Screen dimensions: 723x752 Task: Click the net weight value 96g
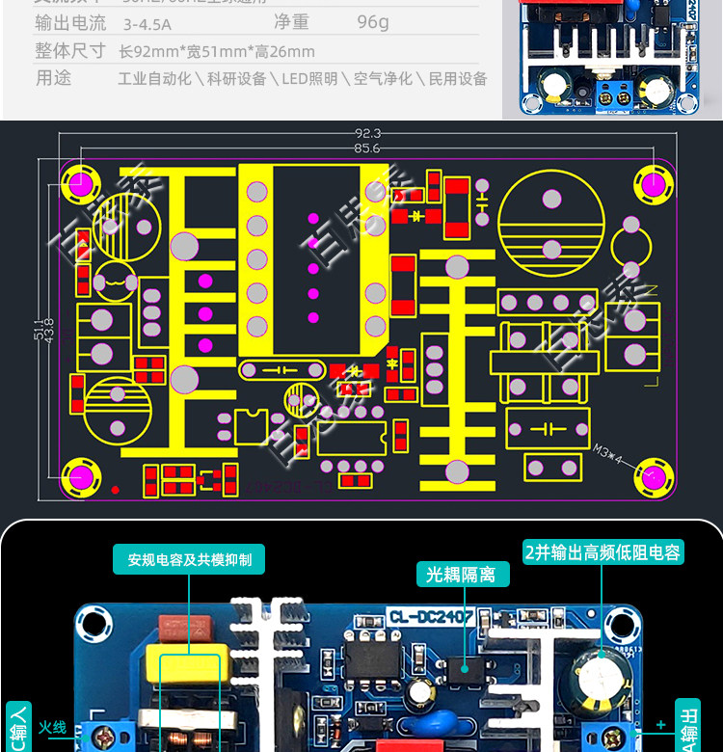coord(372,21)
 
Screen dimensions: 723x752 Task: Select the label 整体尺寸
coord(69,50)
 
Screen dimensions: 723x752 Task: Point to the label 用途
coord(53,78)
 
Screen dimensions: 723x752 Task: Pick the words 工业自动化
coord(154,79)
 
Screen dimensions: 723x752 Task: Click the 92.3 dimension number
coord(367,133)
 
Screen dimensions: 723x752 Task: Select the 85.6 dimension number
coord(367,148)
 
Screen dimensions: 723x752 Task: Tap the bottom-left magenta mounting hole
coord(80,476)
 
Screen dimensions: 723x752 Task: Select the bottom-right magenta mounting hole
coord(654,476)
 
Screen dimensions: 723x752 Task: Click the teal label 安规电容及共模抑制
coord(189,559)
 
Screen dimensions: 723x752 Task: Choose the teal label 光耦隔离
coord(461,575)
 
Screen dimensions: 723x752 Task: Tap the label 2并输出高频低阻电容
coord(602,552)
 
